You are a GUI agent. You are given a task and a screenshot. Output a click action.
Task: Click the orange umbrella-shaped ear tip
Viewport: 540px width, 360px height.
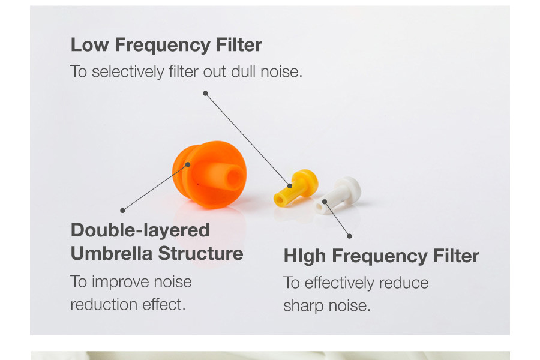click(x=209, y=175)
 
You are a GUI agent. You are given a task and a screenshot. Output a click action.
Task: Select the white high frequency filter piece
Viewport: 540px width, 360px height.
click(x=337, y=195)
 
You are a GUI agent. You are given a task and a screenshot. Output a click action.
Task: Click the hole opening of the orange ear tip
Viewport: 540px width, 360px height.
click(x=235, y=178)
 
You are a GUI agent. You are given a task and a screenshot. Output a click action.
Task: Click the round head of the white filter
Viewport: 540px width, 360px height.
click(x=350, y=189)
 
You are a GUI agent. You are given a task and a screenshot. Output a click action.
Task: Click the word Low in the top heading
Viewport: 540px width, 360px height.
click(x=89, y=45)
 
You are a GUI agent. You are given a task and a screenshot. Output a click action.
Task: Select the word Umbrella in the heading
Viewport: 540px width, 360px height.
click(x=112, y=254)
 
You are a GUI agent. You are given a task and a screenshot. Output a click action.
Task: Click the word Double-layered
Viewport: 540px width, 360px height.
click(x=140, y=231)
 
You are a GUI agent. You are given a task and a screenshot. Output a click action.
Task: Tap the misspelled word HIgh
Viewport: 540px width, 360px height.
click(x=304, y=257)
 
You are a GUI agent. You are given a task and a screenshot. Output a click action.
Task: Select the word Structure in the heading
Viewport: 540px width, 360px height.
click(x=201, y=254)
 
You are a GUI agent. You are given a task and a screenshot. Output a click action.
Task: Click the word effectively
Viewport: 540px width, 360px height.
click(x=339, y=283)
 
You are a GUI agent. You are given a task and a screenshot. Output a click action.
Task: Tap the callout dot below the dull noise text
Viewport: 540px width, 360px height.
click(x=205, y=94)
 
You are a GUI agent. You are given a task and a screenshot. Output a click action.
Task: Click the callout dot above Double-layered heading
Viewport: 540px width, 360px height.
click(x=122, y=211)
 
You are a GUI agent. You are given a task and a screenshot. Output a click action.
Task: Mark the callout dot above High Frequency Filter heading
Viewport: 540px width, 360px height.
click(x=350, y=236)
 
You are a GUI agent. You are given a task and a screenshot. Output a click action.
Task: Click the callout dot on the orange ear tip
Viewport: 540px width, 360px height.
click(x=188, y=164)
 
